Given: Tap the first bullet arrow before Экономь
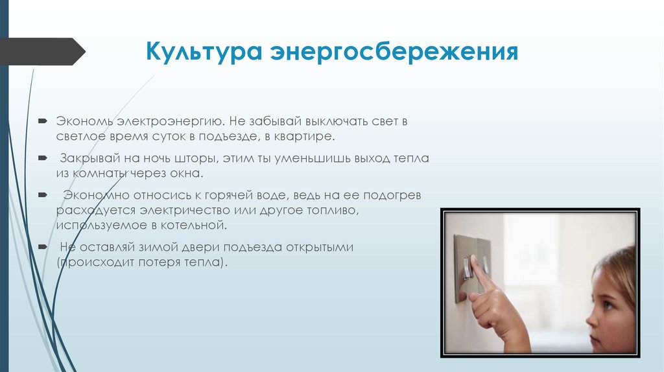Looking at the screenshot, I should [42, 121].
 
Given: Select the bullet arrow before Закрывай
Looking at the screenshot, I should [42, 157].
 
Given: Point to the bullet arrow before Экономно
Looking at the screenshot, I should [42, 194].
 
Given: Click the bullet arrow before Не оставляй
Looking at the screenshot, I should [42, 248].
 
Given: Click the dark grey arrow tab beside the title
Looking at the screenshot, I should [42, 51].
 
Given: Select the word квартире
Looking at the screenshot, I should [307, 137].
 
